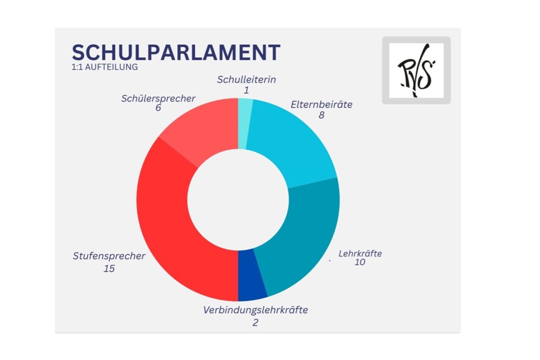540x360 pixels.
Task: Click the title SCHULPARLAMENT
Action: (x=176, y=53)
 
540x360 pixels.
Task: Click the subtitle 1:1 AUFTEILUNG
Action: (x=105, y=67)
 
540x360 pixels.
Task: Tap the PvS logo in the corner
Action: (x=416, y=70)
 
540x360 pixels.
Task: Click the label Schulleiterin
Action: (x=246, y=80)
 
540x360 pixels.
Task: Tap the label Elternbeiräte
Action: (x=321, y=105)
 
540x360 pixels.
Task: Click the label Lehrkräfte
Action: (x=360, y=253)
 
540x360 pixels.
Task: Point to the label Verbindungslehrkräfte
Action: (x=255, y=310)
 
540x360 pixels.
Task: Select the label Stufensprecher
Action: (x=109, y=256)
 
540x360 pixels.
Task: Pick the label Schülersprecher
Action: (x=158, y=99)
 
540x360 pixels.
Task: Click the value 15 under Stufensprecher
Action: (x=109, y=269)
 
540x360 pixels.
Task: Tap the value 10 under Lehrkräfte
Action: (x=360, y=262)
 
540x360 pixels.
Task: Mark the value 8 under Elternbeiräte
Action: (x=321, y=115)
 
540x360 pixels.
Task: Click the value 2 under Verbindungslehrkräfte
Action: (x=255, y=322)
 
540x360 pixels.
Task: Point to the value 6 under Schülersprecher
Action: (x=158, y=108)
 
